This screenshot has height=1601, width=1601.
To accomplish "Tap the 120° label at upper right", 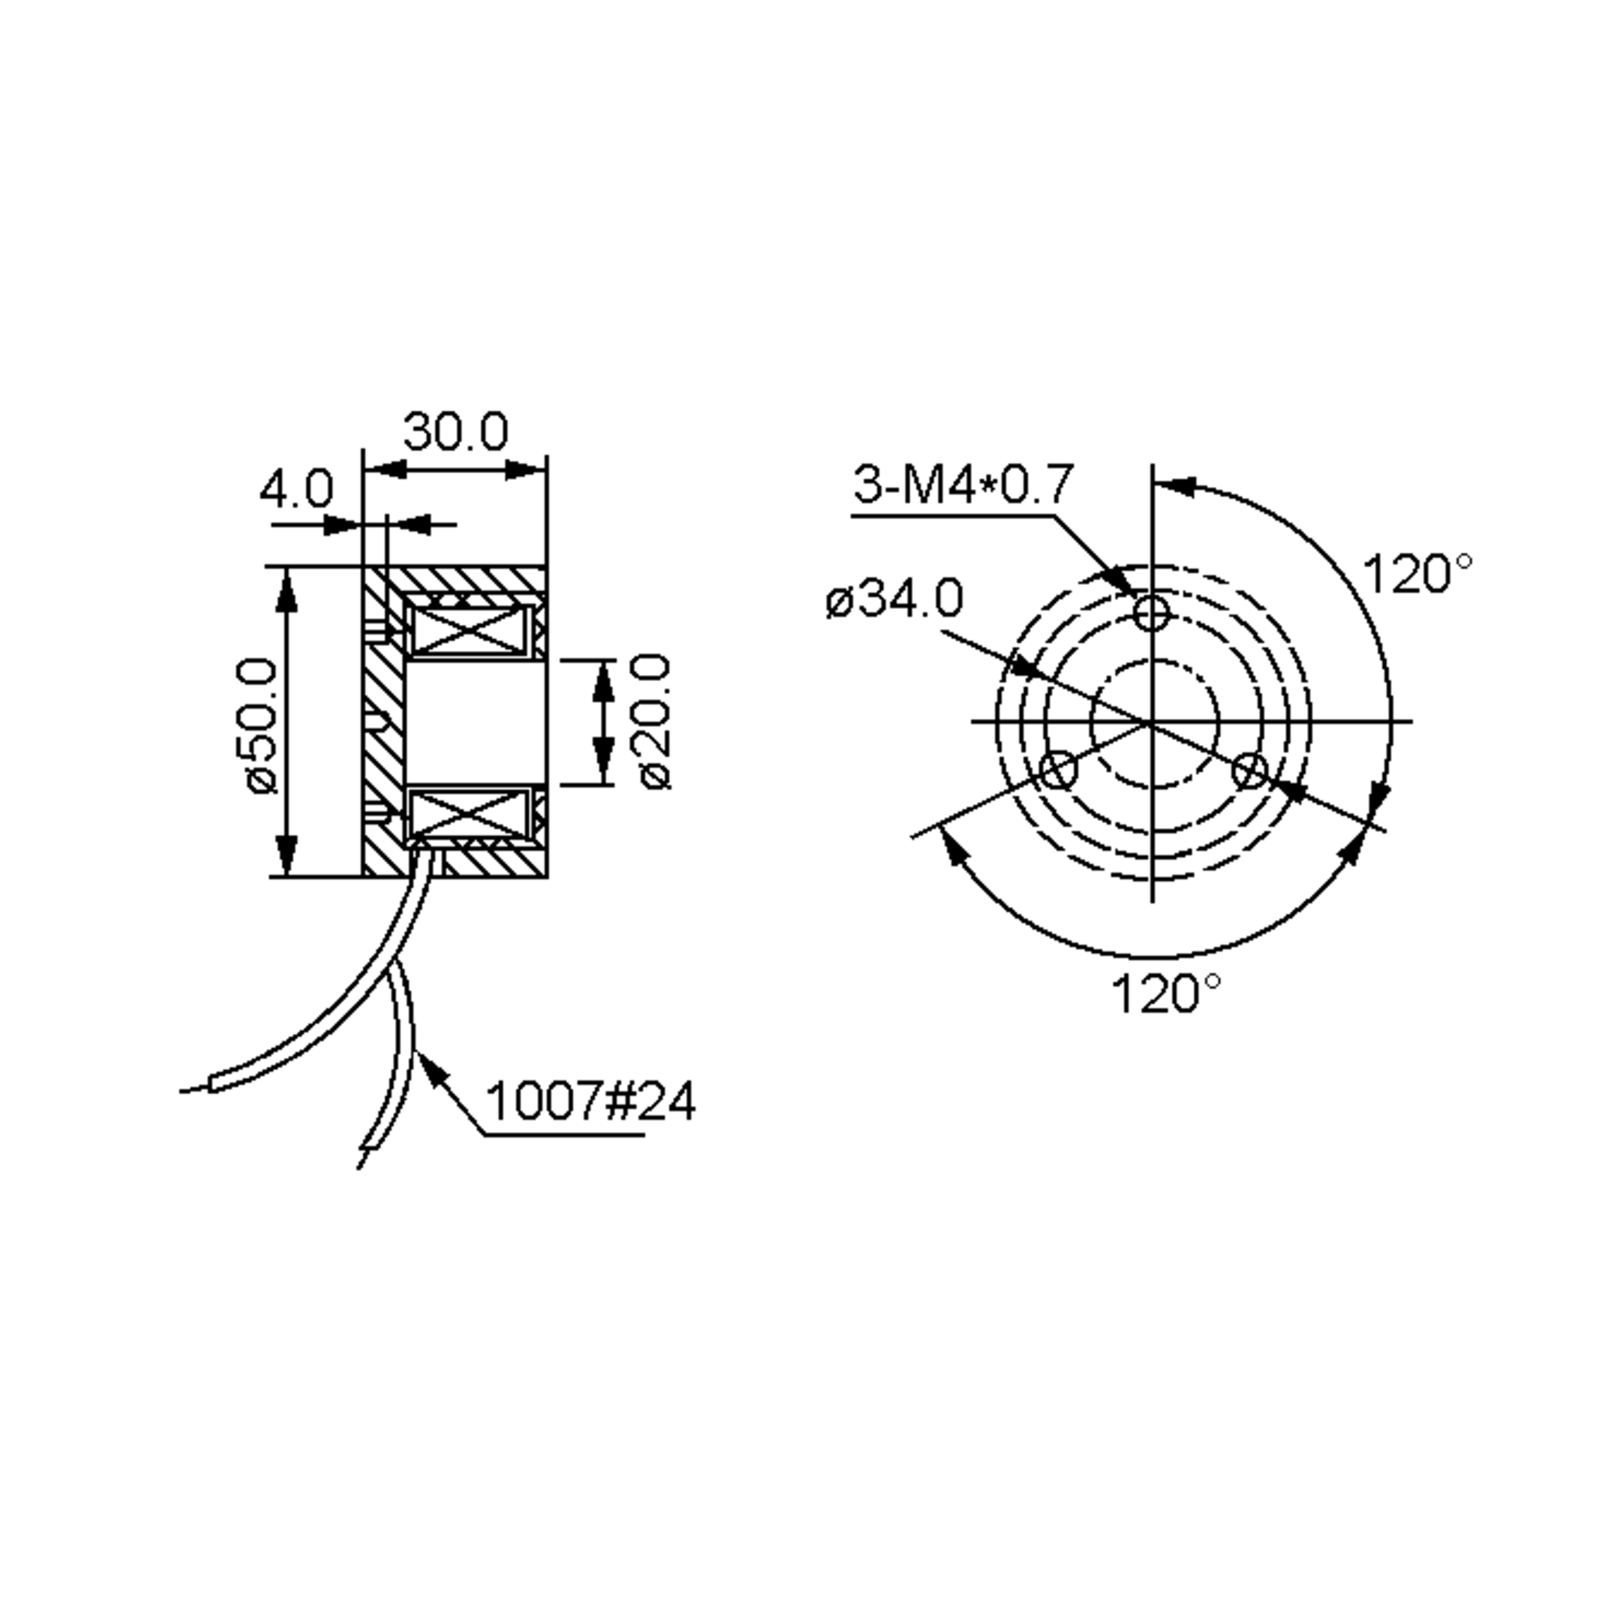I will coord(1418,574).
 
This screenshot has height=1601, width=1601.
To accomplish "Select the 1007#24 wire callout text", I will coord(590,1101).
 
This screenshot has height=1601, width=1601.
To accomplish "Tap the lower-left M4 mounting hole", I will coord(1058,770).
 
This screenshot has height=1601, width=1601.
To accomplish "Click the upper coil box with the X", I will coord(470,629).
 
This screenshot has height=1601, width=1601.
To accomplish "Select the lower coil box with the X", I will coord(470,815).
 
